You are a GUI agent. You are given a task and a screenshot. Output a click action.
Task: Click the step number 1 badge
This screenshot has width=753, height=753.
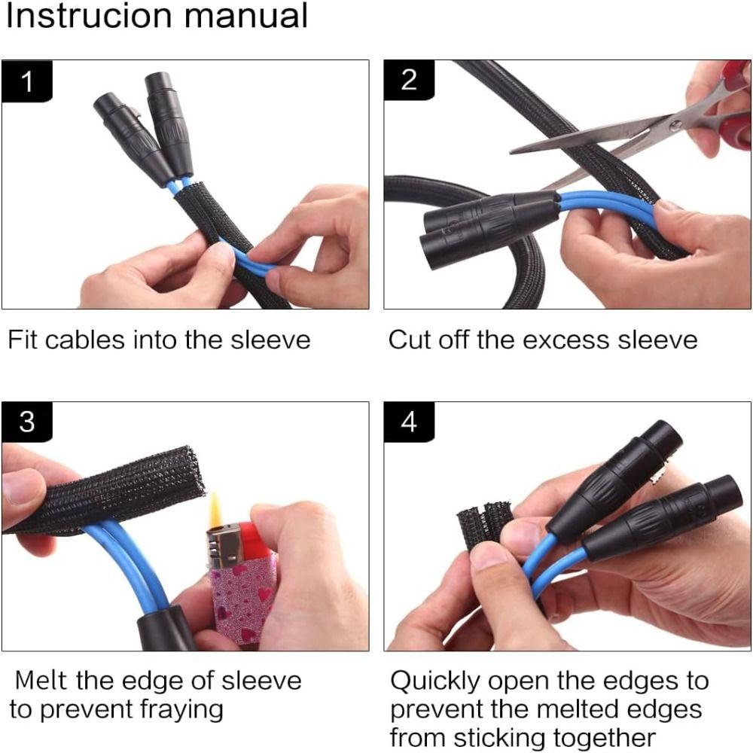pyautogui.click(x=27, y=81)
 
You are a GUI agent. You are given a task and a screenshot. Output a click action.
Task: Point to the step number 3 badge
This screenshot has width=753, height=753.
pyautogui.click(x=27, y=422)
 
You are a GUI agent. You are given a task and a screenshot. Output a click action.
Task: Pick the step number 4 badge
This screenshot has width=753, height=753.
pyautogui.click(x=409, y=422)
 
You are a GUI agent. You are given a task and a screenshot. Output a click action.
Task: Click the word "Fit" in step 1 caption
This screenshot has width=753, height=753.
pyautogui.click(x=23, y=340)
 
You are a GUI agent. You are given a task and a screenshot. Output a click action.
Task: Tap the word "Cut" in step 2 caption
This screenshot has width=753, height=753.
pyautogui.click(x=410, y=340)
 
